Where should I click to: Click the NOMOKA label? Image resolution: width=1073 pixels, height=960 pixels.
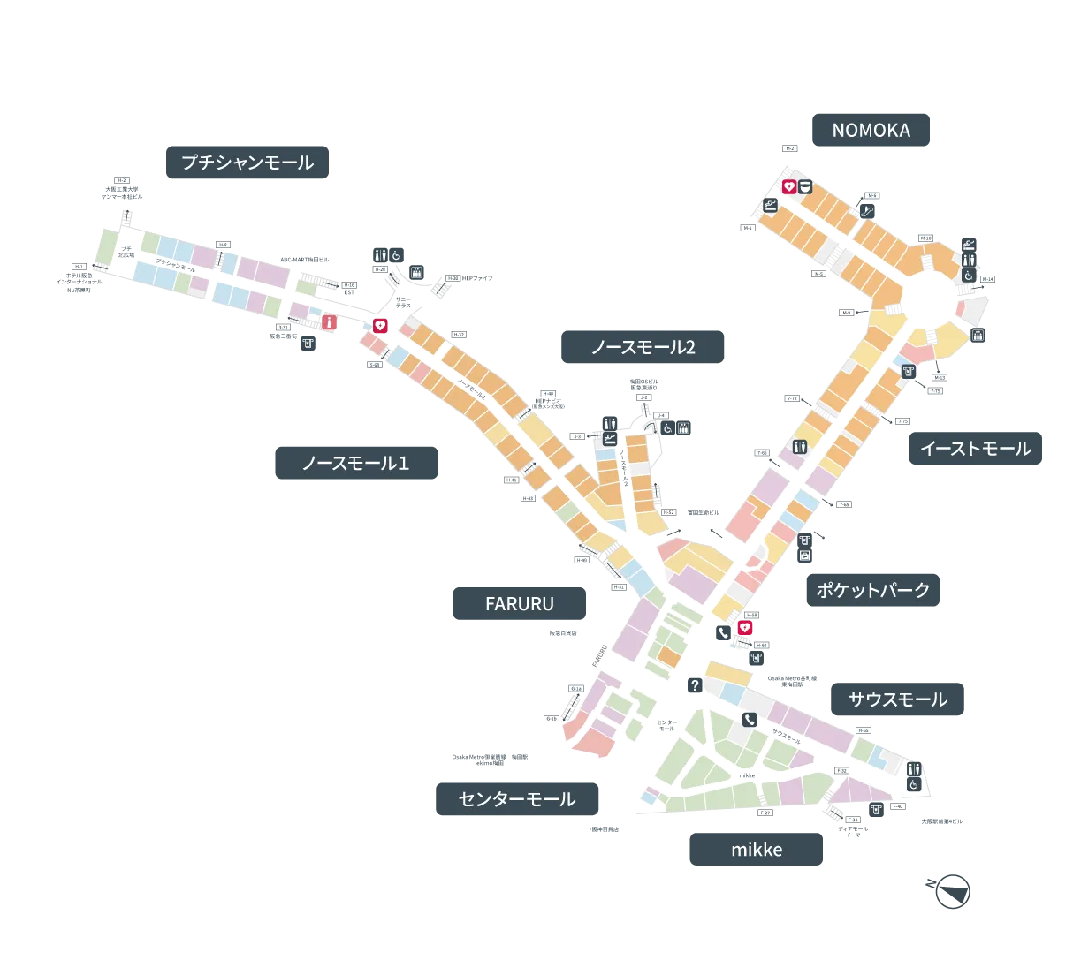click(871, 131)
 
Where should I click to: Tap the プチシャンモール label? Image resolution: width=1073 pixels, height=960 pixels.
click(247, 163)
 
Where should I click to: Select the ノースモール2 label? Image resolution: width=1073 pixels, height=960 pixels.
click(643, 347)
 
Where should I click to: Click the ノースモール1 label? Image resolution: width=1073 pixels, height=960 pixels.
click(353, 462)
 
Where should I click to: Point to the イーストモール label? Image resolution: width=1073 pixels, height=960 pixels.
click(975, 449)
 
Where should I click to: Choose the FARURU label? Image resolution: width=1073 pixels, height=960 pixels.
click(519, 604)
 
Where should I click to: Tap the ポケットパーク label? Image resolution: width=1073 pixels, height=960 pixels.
click(872, 590)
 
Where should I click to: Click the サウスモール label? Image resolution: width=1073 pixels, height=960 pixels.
click(897, 699)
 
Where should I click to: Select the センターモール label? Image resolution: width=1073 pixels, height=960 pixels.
click(516, 799)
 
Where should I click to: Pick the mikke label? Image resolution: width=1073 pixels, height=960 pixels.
click(757, 850)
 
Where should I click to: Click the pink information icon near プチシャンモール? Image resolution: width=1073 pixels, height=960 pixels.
click(330, 323)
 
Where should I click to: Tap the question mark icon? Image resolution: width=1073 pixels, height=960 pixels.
click(695, 685)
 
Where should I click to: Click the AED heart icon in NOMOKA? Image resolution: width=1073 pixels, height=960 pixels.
click(789, 186)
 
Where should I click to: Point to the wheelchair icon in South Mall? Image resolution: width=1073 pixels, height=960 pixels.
click(915, 784)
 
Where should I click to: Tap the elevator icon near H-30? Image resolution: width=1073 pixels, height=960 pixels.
click(416, 272)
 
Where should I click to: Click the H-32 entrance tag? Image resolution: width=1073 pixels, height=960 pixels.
click(458, 334)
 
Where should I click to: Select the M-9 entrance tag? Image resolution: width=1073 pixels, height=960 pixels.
click(846, 313)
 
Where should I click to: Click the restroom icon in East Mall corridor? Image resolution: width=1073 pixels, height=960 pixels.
click(800, 446)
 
